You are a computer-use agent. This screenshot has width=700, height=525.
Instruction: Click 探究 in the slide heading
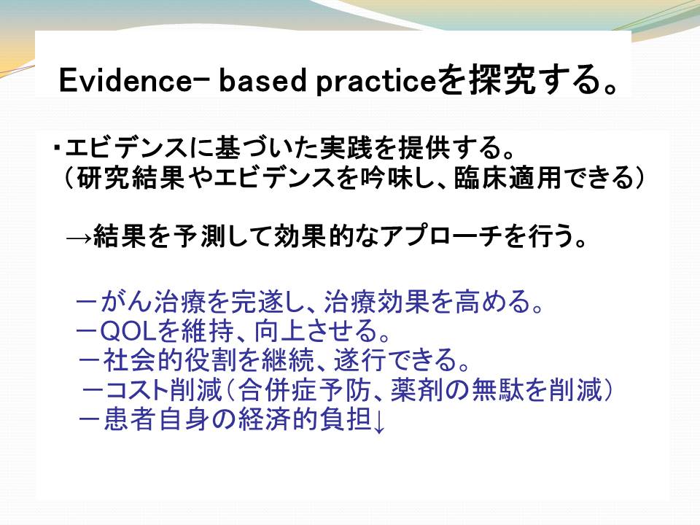pyautogui.click(x=502, y=80)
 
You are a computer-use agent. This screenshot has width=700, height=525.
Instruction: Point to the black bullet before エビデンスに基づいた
pyautogui.click(x=57, y=147)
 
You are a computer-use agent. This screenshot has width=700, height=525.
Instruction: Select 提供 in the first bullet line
pyautogui.click(x=424, y=147)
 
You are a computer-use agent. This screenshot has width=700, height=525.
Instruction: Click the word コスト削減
pyautogui.click(x=163, y=389)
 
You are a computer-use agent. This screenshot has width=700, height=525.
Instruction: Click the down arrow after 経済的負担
pyautogui.click(x=378, y=421)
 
